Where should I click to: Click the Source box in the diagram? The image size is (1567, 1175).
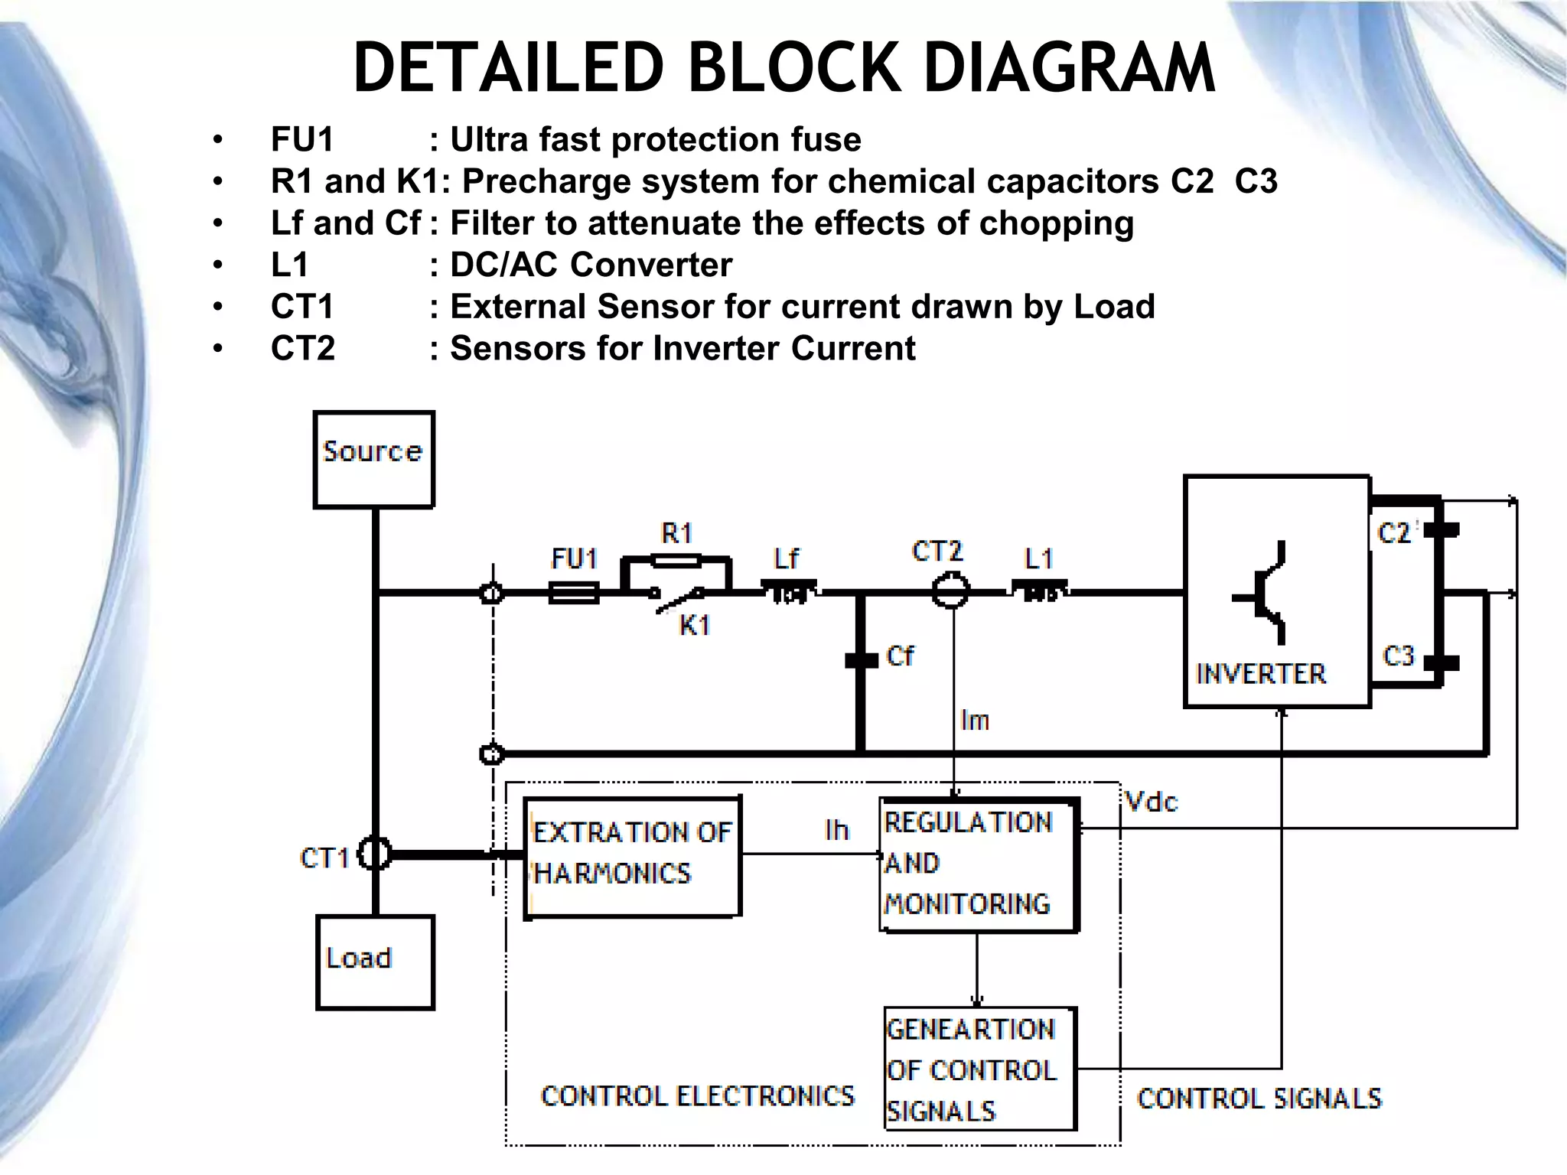(373, 459)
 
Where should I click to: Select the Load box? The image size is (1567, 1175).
(375, 962)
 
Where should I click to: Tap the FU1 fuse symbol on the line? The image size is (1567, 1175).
(574, 592)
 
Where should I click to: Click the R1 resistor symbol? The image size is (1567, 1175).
(676, 561)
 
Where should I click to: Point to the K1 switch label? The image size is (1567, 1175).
(695, 625)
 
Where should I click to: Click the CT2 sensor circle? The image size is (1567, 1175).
(951, 591)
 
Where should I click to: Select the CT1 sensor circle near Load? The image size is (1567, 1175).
(375, 854)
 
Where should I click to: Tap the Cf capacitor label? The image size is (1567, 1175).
(900, 656)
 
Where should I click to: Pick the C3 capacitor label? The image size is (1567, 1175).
(1399, 656)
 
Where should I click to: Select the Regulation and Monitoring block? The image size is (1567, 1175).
(978, 864)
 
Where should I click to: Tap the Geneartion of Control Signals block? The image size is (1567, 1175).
(979, 1069)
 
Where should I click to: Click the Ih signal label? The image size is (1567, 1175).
(837, 830)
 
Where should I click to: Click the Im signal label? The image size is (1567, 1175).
(975, 720)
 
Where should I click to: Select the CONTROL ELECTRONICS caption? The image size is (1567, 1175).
(697, 1095)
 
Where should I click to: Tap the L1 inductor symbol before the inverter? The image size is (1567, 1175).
(1040, 591)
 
